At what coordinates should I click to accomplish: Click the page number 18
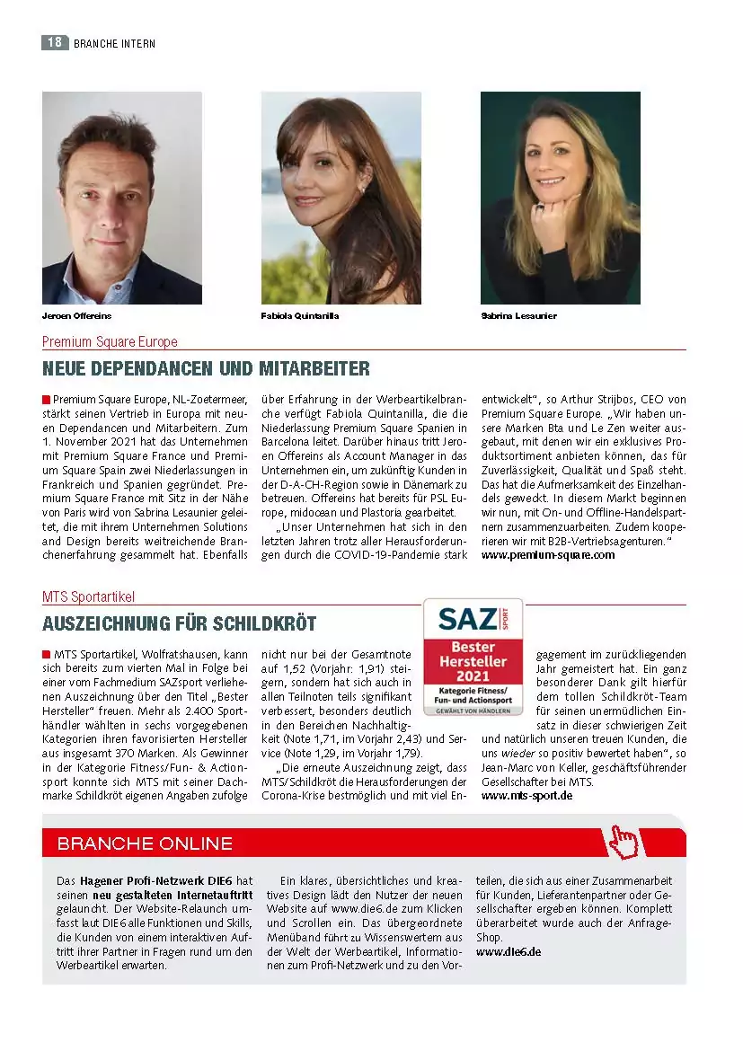(x=55, y=42)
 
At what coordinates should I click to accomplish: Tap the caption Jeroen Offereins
(x=77, y=316)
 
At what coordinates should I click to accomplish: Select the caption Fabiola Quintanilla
(x=300, y=316)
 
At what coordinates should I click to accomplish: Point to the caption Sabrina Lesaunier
(x=518, y=316)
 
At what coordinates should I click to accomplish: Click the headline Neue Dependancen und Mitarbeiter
(x=206, y=369)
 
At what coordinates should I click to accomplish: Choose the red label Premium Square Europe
(x=110, y=341)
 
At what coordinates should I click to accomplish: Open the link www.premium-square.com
(x=548, y=555)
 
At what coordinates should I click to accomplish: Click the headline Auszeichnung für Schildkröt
(x=179, y=623)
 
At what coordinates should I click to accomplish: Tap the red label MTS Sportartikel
(x=88, y=596)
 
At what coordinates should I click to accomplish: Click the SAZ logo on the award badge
(x=467, y=618)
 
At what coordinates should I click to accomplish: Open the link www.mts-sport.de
(x=527, y=796)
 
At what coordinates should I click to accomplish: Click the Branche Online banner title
(x=145, y=843)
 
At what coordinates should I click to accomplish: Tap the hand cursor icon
(x=623, y=841)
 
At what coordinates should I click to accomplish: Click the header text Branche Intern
(x=114, y=43)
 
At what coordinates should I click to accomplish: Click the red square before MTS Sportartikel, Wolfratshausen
(x=46, y=653)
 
